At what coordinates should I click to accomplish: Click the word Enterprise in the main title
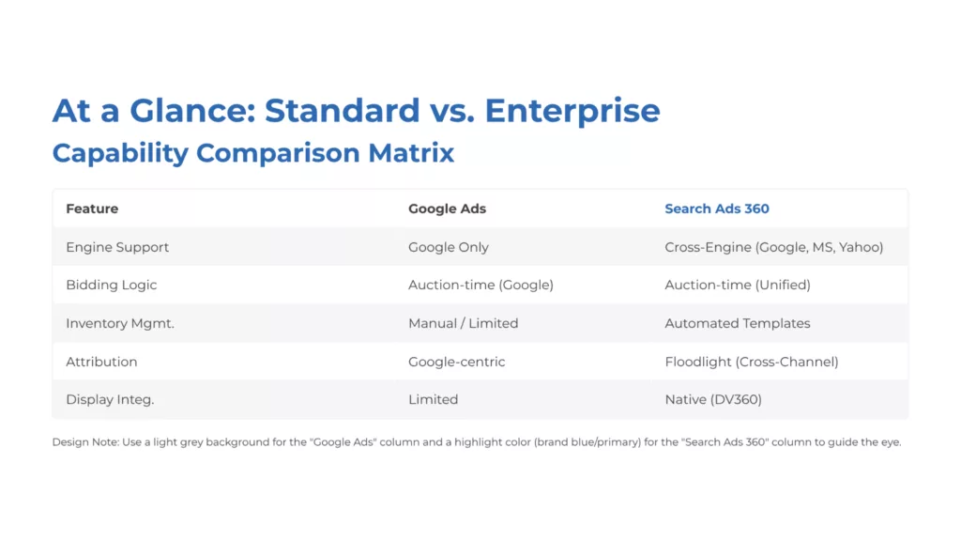572,111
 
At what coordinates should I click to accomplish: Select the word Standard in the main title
342,111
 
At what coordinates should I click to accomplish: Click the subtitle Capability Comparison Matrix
253,153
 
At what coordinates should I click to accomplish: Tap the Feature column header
92,209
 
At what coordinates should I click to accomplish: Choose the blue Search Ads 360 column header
716,209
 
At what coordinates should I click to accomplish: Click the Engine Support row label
117,247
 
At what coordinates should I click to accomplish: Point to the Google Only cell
449,247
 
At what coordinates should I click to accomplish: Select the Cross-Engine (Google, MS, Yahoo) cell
773,247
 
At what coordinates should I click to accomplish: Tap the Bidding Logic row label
111,285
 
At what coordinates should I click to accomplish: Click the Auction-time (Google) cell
480,285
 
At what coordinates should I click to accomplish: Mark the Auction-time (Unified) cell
737,285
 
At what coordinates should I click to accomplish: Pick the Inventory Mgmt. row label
120,323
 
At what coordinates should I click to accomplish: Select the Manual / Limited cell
463,323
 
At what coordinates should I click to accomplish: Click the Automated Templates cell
737,323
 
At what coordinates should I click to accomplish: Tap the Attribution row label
101,362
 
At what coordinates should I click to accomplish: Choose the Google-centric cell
457,362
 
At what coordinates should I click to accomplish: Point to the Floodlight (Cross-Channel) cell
751,362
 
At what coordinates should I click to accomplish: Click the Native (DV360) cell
712,399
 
